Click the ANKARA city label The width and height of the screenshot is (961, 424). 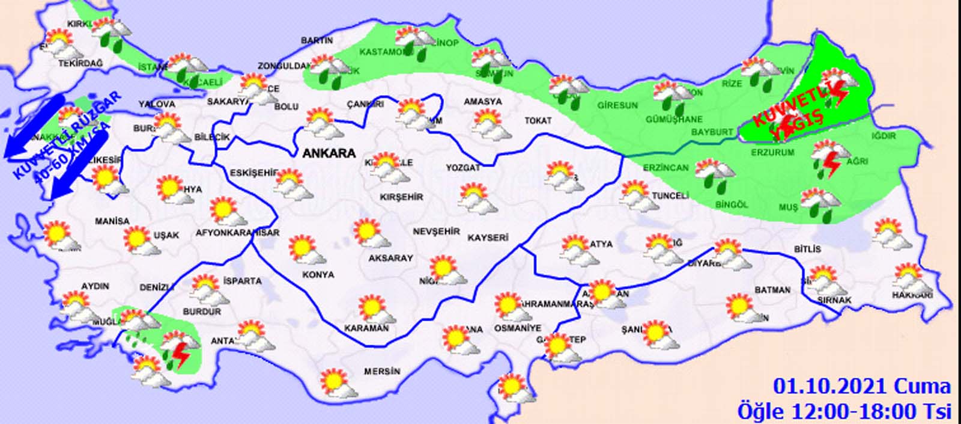coord(329,153)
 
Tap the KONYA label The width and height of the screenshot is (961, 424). coord(319,275)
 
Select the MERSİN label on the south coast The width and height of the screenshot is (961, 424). coord(382,372)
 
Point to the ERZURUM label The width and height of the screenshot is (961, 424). coord(772,153)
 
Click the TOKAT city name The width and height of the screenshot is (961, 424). coord(538,121)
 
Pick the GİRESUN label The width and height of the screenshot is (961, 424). coord(617,105)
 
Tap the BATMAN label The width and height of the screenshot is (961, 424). coord(772,290)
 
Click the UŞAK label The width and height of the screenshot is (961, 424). coord(166,235)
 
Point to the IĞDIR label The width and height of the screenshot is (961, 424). coord(884,136)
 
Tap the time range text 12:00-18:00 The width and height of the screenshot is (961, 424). coord(872,411)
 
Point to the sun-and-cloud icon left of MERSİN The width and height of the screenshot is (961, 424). coord(334,382)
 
